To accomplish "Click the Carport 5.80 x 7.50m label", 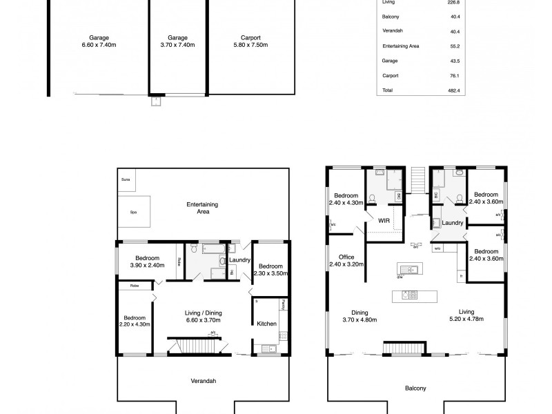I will [250, 41].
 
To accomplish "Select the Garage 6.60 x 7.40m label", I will [99, 41].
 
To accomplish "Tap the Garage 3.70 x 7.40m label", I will [178, 41].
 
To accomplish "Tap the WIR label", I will [384, 221].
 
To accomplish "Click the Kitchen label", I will [267, 323].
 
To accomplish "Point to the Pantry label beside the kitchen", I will [283, 306].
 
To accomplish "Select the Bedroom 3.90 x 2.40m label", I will [146, 262].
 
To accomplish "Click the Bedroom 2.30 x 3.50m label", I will [269, 270].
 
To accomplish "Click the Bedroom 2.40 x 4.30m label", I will [346, 199].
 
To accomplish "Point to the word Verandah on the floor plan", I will [202, 381].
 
